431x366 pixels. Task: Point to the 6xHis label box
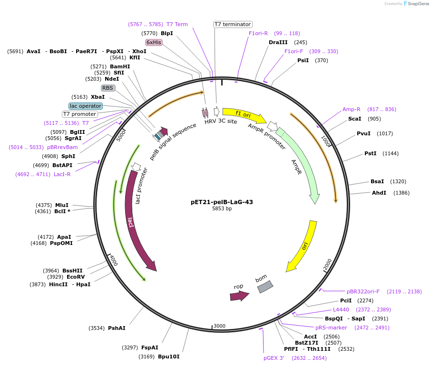pyautogui.click(x=154, y=42)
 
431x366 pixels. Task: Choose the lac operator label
pyautogui.click(x=86, y=106)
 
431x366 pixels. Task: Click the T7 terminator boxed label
pyautogui.click(x=232, y=24)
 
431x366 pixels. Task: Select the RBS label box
pyautogui.click(x=108, y=88)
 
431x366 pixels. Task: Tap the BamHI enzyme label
pyautogui.click(x=120, y=66)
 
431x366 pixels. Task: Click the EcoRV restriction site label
pyautogui.click(x=76, y=277)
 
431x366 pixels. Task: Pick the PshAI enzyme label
pyautogui.click(x=117, y=328)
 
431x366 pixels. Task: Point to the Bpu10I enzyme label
pyautogui.click(x=169, y=357)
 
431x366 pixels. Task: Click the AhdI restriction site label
pyautogui.click(x=379, y=193)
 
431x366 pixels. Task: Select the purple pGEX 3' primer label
pyautogui.click(x=274, y=358)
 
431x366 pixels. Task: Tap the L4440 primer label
pyautogui.click(x=341, y=310)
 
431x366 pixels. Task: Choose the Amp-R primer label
pyautogui.click(x=351, y=109)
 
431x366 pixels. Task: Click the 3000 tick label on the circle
pyautogui.click(x=219, y=326)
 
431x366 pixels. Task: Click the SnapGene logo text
pyautogui.click(x=418, y=4)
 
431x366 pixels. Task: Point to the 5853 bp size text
pyautogui.click(x=222, y=209)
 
